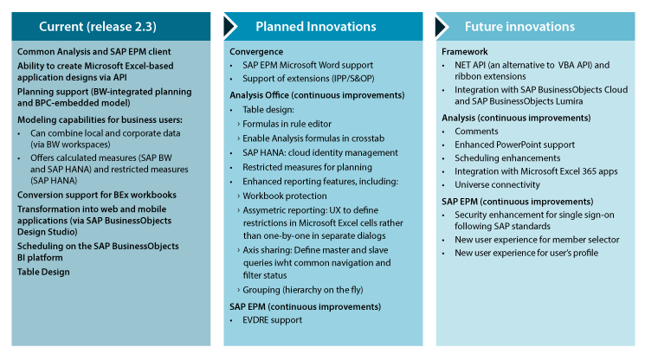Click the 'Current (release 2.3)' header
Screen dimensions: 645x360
tap(98, 27)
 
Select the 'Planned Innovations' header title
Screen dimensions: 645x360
tap(316, 27)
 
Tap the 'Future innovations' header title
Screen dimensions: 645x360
tap(519, 27)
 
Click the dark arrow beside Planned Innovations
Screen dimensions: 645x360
tap(230, 26)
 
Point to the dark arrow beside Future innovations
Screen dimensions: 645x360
tap(442, 26)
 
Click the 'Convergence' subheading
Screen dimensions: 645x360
tap(256, 52)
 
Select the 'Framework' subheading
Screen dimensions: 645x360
tap(464, 52)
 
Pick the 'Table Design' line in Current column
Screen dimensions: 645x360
tap(43, 272)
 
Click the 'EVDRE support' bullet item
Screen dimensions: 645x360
tap(273, 320)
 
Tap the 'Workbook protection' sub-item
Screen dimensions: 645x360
tap(285, 196)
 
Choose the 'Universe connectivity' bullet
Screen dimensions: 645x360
tap(497, 185)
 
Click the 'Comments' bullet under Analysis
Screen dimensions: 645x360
tap(476, 132)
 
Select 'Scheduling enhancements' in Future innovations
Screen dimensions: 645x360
tap(507, 158)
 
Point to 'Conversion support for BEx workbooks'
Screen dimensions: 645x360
tap(97, 195)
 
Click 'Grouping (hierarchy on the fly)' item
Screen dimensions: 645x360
tap(303, 290)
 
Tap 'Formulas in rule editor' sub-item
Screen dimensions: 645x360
tap(287, 124)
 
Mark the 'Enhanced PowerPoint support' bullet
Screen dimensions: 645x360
tap(514, 145)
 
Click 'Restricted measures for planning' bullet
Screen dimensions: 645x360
tap(307, 167)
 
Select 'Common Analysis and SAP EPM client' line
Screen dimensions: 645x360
tap(94, 52)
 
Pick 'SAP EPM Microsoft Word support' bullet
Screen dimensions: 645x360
tap(307, 66)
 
